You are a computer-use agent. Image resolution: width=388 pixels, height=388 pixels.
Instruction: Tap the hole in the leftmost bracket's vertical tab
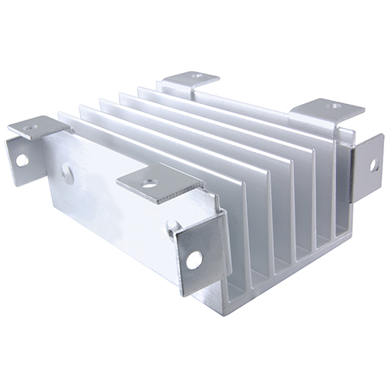tap(23, 160)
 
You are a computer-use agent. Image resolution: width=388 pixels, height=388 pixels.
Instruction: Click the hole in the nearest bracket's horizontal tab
tap(150, 184)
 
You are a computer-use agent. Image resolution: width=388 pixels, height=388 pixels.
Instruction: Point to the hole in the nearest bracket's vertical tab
tap(192, 260)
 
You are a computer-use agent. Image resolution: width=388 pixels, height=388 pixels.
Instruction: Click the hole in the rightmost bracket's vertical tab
tap(373, 165)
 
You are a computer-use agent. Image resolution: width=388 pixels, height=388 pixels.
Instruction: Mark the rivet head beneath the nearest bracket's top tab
tap(173, 225)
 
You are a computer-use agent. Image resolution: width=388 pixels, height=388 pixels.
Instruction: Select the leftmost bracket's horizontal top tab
tap(40, 126)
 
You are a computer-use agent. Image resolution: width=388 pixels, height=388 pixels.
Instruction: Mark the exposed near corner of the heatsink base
tap(233, 293)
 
